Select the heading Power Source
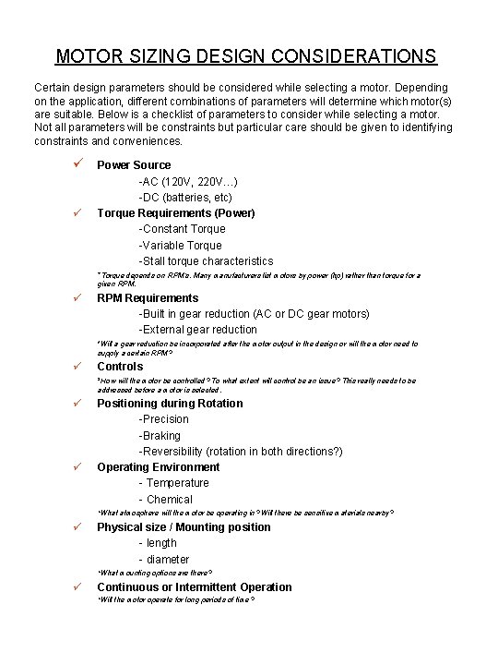pyautogui.click(x=134, y=165)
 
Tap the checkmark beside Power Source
pyautogui.click(x=79, y=164)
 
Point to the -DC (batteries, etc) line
pyautogui.click(x=184, y=197)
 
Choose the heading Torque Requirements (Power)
pyautogui.click(x=176, y=213)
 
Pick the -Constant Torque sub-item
pyautogui.click(x=182, y=229)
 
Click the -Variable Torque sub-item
pyautogui.click(x=180, y=246)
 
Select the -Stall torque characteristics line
pyautogui.click(x=206, y=261)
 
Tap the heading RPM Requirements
pyautogui.click(x=148, y=298)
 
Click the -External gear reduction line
pyautogui.click(x=197, y=330)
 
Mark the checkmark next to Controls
pyautogui.click(x=79, y=367)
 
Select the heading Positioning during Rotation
pyautogui.click(x=170, y=404)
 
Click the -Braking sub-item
pyautogui.click(x=160, y=436)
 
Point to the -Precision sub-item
pyautogui.click(x=163, y=419)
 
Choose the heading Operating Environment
pyautogui.click(x=159, y=467)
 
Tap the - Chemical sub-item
pyautogui.click(x=165, y=500)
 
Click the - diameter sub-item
pyautogui.click(x=163, y=560)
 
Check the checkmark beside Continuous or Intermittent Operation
pyautogui.click(x=79, y=587)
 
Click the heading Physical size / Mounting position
pyautogui.click(x=184, y=527)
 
